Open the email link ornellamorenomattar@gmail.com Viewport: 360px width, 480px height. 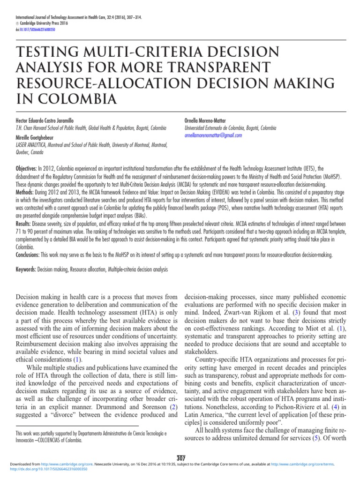pyautogui.click(x=213, y=135)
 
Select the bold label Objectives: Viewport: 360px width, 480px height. pyautogui.click(x=27, y=168)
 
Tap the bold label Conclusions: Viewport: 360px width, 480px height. pyautogui.click(x=29, y=255)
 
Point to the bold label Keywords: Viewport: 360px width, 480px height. pyautogui.click(x=26, y=270)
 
